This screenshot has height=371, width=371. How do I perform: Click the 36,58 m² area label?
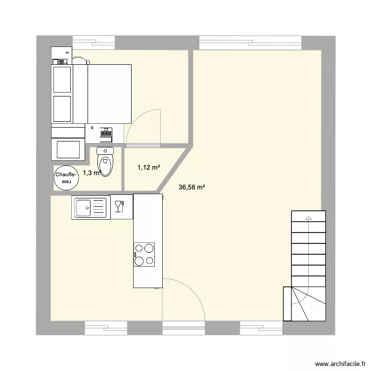191,187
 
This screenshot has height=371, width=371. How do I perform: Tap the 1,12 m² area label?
148,168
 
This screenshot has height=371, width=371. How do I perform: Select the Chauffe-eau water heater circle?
66,178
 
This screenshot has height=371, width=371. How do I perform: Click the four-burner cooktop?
144,254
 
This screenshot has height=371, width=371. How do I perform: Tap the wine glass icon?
119,206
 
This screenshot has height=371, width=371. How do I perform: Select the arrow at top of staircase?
308,218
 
